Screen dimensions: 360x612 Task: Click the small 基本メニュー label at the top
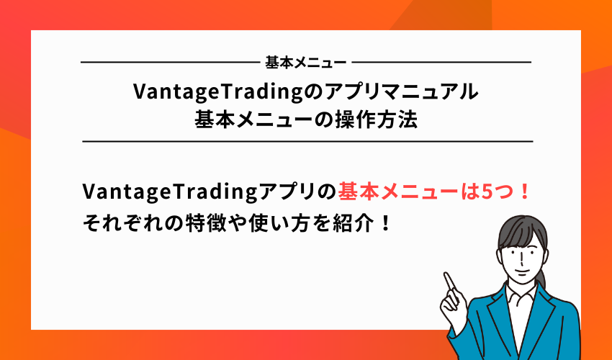[x=305, y=63]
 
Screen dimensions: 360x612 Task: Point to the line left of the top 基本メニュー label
[x=168, y=63]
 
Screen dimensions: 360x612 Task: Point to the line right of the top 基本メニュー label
[x=442, y=63]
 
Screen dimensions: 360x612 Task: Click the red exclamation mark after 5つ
[x=524, y=193]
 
